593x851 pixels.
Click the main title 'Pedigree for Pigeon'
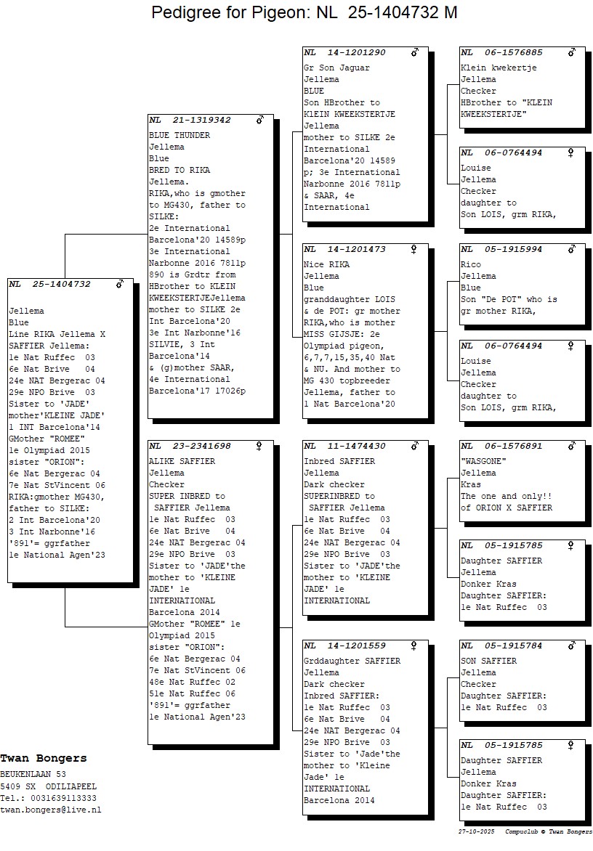tap(233, 12)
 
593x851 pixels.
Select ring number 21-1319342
tap(201, 120)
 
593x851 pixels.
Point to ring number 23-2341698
tap(201, 446)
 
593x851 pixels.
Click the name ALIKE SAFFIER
tap(182, 461)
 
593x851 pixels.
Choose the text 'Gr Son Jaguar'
tap(336, 68)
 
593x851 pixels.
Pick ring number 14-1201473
tap(356, 249)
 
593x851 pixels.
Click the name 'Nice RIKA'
tap(326, 264)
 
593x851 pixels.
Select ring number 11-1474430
tap(356, 446)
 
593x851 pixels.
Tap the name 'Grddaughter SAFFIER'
tap(352, 661)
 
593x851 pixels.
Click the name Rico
tap(470, 264)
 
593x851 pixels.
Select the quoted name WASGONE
tap(483, 461)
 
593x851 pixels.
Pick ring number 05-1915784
tap(513, 646)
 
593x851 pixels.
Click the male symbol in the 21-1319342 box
tap(260, 119)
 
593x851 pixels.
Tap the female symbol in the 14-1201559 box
tap(414, 646)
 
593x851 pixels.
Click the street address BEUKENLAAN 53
tap(33, 774)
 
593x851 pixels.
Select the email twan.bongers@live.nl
tap(50, 810)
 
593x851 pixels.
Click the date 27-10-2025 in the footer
tap(476, 831)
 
